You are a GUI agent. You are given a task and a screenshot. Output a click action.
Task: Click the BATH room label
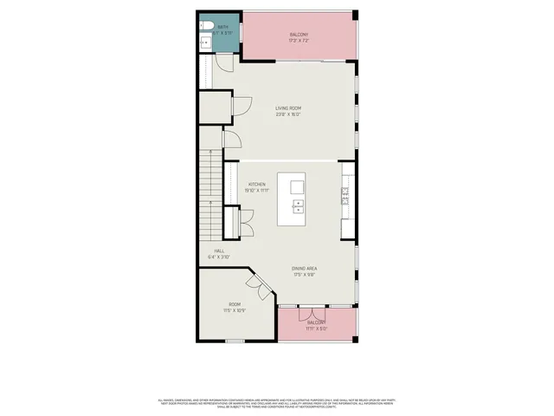tap(222, 27)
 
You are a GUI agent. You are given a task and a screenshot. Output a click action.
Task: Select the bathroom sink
tap(204, 42)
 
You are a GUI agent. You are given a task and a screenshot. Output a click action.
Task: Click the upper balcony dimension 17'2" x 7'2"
tap(299, 41)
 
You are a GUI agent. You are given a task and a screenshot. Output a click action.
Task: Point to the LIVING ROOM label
tap(288, 108)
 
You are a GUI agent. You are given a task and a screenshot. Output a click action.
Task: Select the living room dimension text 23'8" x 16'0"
tap(288, 114)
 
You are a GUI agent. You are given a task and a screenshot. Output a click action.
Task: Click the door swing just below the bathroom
tap(223, 62)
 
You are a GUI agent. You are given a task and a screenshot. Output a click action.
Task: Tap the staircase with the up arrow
tap(209, 191)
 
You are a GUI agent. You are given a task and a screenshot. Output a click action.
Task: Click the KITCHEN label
tap(256, 185)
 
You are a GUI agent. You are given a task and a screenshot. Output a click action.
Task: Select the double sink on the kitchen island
tap(298, 205)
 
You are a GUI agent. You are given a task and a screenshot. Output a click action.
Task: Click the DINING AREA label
tap(304, 269)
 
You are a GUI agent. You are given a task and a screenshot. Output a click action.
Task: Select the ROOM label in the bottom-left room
tap(234, 304)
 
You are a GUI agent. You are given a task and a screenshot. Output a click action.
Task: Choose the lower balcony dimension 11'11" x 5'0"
tap(316, 328)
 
